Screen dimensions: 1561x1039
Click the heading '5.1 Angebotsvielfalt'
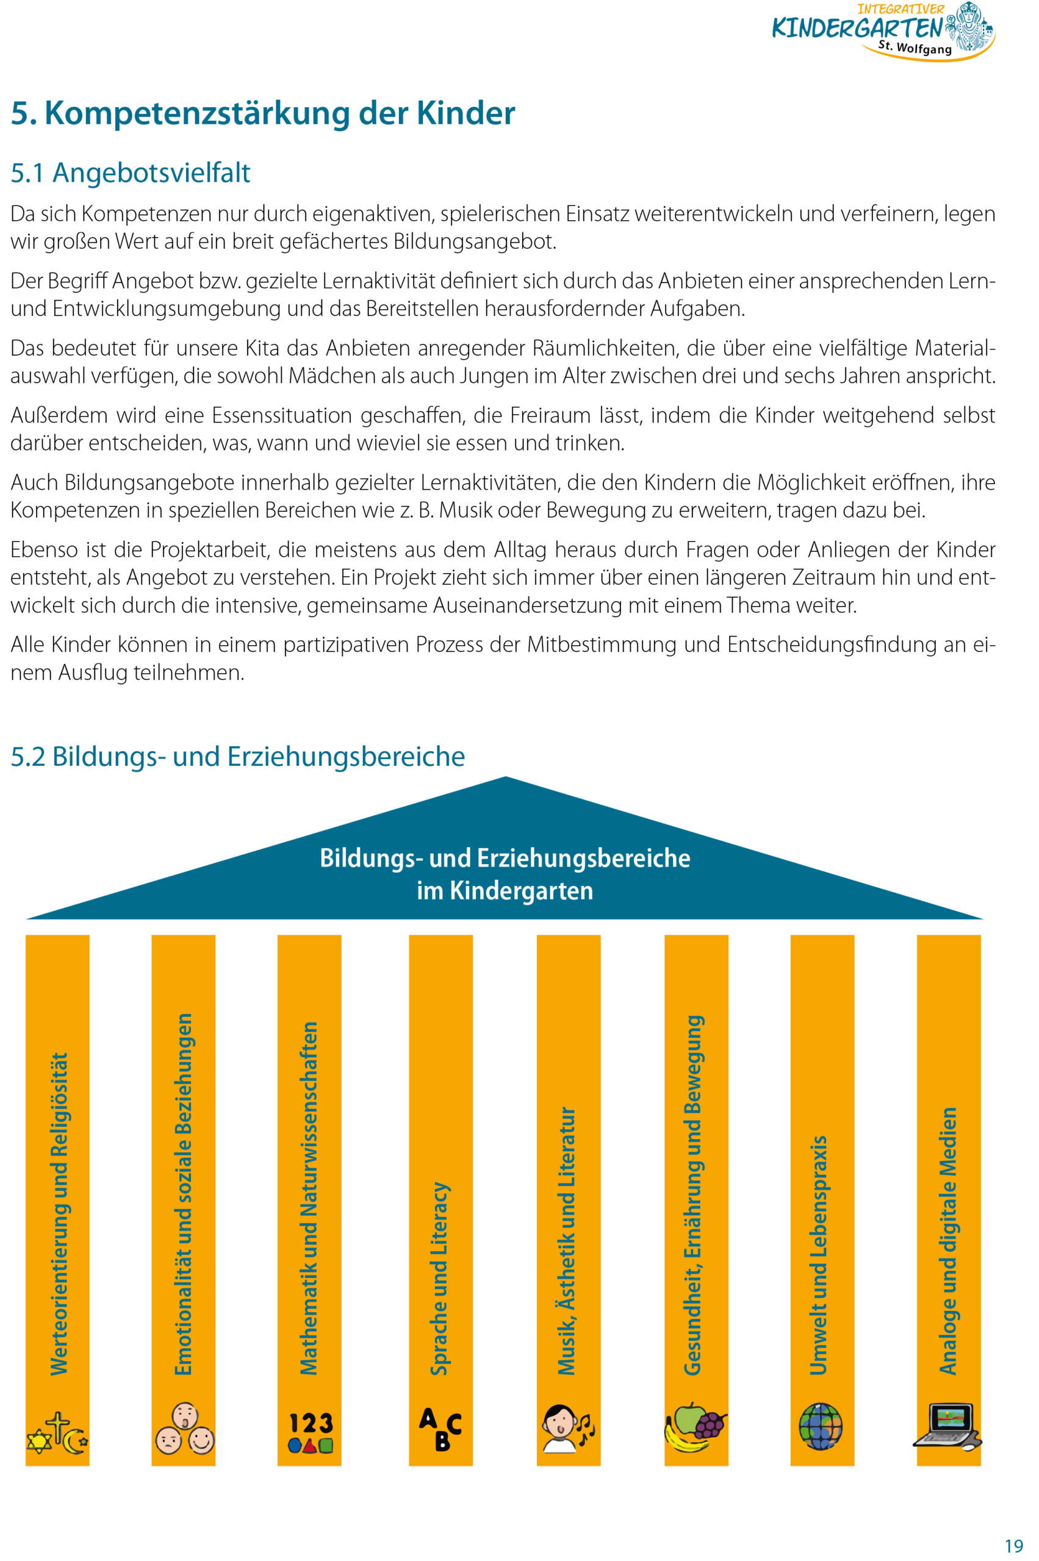[x=130, y=173]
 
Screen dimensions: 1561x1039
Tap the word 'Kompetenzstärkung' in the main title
[x=198, y=113]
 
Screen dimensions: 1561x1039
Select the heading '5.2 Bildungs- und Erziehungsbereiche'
[x=237, y=756]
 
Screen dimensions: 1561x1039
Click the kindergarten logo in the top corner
[x=883, y=31]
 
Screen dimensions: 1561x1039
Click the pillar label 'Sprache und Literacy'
[x=440, y=1278]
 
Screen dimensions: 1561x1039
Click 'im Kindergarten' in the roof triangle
[x=505, y=891]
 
